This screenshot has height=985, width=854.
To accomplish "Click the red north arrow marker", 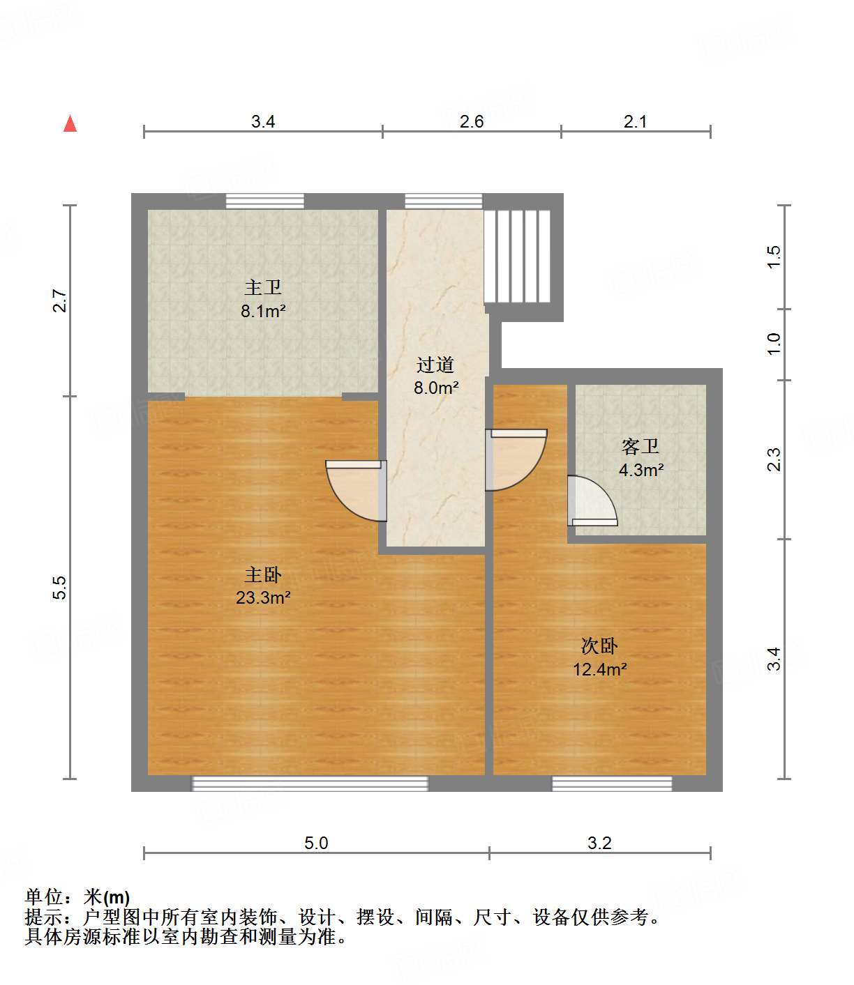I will tap(70, 123).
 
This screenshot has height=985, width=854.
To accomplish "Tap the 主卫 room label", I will tap(262, 287).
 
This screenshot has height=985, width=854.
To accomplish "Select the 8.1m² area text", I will tap(263, 311).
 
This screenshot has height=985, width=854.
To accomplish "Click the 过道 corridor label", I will tap(435, 365).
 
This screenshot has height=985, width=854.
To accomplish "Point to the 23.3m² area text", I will tap(263, 597).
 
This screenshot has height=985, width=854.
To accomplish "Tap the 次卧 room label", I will tap(599, 646).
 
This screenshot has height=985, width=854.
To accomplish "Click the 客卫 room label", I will tap(640, 446).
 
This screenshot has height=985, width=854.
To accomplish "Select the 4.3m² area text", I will tap(640, 470).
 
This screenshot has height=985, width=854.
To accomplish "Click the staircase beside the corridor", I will tap(518, 256).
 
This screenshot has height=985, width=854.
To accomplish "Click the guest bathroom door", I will tap(592, 501).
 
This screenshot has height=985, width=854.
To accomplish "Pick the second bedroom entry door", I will tap(515, 459).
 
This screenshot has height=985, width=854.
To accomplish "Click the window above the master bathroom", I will tap(264, 201).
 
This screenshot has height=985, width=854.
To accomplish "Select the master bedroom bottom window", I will tap(310, 784).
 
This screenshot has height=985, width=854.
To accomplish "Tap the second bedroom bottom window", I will tap(612, 784).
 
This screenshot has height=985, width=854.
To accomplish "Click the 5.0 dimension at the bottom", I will tap(315, 843).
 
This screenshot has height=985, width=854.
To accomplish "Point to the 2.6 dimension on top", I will tap(471, 121).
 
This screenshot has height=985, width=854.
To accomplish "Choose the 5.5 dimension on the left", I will tap(61, 587).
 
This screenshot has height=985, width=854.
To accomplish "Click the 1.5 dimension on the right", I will tap(774, 257).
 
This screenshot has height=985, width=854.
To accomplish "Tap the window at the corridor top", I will tap(443, 201).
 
